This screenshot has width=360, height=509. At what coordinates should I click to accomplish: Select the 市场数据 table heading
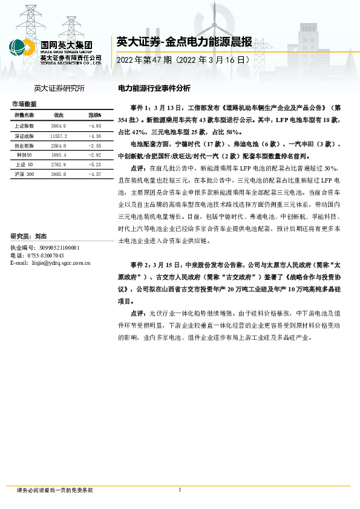[x=25, y=104]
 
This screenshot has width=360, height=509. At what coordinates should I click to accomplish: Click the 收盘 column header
[x=59, y=115]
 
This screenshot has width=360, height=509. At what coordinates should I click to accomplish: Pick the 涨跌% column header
[x=94, y=115]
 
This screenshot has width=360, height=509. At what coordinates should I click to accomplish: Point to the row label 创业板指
[x=24, y=146]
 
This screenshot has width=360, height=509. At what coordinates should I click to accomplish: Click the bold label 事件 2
[x=139, y=265]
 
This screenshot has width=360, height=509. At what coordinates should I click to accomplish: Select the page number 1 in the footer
[x=180, y=490]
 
